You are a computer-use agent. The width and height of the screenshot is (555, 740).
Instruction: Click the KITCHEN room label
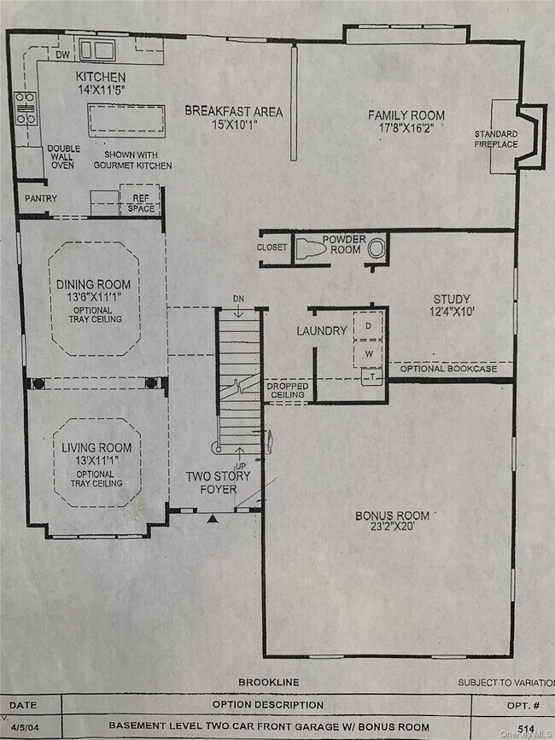100,77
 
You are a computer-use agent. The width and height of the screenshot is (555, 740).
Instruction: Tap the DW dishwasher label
62,55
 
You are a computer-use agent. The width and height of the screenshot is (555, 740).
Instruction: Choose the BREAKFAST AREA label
233,112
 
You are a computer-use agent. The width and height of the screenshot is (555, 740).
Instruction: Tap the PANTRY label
41,199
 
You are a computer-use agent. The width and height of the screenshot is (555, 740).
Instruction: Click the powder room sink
377,248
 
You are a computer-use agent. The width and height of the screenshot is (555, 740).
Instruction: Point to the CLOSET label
272,248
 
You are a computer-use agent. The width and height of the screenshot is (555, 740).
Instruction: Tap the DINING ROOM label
94,284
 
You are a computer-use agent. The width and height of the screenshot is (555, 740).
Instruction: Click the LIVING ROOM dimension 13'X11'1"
96,460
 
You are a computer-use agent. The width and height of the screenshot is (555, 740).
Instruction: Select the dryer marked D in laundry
369,327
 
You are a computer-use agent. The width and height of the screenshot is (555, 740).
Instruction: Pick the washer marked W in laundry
369,353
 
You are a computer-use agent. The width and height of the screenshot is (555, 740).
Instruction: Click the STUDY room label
452,299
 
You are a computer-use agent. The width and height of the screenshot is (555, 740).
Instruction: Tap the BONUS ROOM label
393,516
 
